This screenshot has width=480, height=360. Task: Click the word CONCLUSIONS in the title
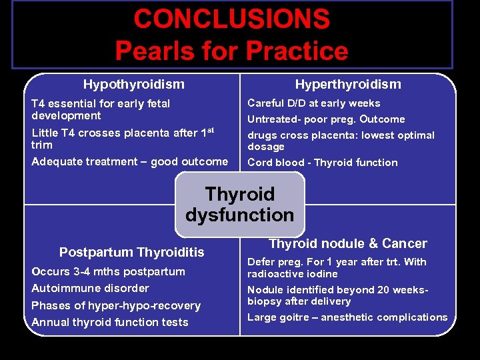[231, 19]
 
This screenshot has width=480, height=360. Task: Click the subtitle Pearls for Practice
[231, 51]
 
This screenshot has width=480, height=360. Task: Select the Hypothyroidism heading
[134, 84]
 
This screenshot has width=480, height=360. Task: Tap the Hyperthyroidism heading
[348, 84]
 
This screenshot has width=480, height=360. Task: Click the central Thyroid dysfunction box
[239, 205]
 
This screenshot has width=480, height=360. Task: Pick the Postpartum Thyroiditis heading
[132, 252]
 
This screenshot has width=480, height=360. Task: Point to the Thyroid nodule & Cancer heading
[347, 244]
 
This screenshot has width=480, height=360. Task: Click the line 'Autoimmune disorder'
[90, 288]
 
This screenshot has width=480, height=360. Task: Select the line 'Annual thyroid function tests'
[110, 322]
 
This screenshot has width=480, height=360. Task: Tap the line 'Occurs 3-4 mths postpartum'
[109, 271]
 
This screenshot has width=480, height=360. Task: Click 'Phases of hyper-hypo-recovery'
[116, 305]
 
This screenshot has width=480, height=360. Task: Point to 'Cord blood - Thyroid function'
[322, 163]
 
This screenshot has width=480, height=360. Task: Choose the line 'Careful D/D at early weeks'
[313, 103]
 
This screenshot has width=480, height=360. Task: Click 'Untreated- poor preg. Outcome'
[326, 119]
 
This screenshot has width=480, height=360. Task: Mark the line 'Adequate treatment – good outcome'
[129, 161]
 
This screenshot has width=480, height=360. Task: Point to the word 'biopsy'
[264, 301]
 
